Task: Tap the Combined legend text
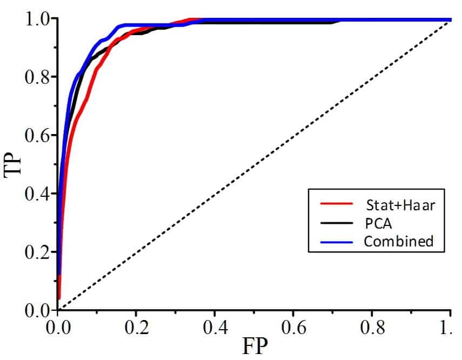[x=398, y=241]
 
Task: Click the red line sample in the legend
[x=334, y=204]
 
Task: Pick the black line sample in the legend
[x=334, y=222]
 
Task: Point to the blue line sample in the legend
[x=334, y=241]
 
